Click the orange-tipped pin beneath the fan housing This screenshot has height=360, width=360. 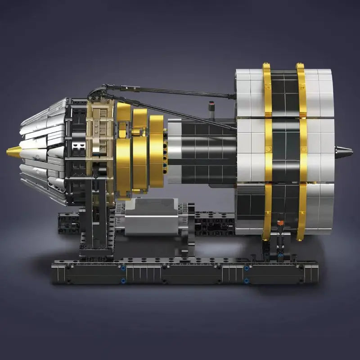click(x=280, y=223)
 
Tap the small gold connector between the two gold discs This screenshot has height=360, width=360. click(x=135, y=131)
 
